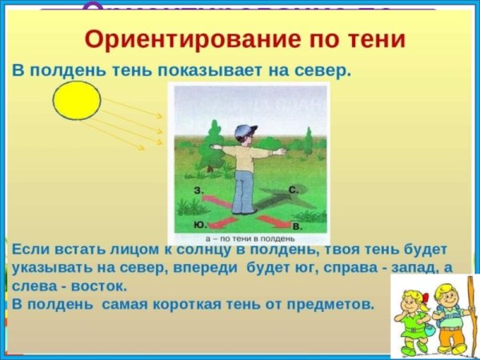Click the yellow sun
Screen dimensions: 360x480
77,101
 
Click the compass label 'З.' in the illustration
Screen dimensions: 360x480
198,190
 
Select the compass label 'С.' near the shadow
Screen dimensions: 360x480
294,190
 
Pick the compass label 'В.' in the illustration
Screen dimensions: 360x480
297,227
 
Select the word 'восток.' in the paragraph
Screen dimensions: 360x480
97,285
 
